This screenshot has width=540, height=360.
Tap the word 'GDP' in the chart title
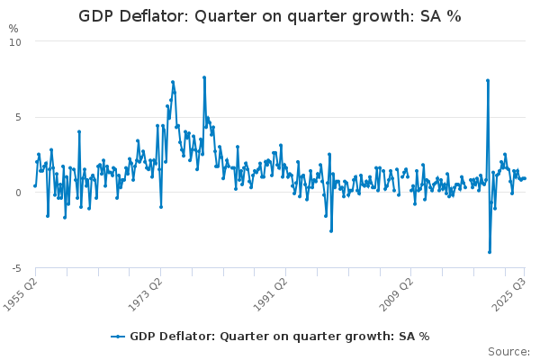97,16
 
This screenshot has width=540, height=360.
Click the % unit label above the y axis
13,29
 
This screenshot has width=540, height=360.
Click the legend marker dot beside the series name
118,337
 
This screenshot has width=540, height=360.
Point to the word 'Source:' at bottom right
509,351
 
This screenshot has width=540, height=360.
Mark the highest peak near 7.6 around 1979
204,77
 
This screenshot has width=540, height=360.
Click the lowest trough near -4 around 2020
490,252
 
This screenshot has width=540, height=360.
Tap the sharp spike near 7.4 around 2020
488,80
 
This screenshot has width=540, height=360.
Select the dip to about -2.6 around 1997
331,231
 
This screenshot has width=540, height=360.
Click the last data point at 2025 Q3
525,178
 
